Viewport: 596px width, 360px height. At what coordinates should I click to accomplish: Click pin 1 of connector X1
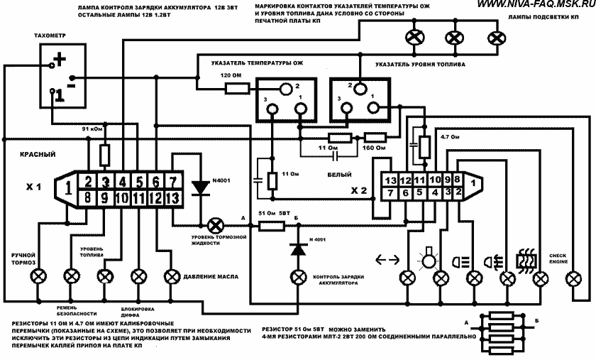point(67,187)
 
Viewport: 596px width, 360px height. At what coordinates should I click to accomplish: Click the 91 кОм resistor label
point(94,129)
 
